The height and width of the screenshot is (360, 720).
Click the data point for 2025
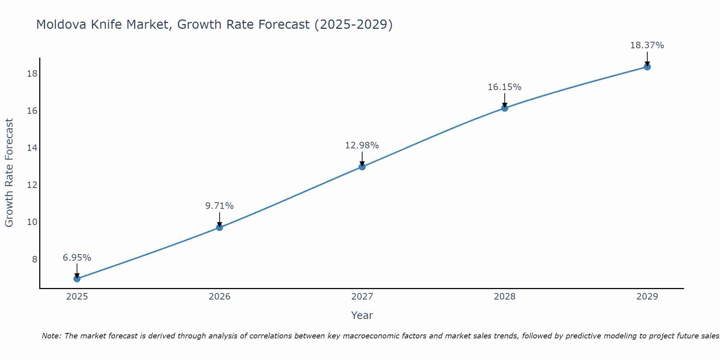coord(77,279)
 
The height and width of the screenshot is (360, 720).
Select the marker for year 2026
coord(220,227)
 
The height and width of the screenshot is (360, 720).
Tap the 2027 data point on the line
coord(362,167)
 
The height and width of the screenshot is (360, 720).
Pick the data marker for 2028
coord(505,108)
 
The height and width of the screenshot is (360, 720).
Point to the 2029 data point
coord(647,67)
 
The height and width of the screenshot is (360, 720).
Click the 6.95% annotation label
coord(77,258)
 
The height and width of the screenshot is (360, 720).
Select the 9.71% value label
coord(220,206)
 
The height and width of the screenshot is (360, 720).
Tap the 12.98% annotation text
coord(362,145)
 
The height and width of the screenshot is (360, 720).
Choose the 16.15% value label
coord(505,87)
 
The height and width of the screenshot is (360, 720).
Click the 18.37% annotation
coord(647,45)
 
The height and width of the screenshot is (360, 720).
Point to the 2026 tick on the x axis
coord(220,297)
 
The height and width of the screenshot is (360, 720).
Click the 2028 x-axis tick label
coord(505,297)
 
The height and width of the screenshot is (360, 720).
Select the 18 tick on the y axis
coord(32,74)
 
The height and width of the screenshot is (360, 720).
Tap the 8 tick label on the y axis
coord(35,259)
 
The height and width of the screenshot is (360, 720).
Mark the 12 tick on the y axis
coord(32,185)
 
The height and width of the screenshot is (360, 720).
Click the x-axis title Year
coord(362,315)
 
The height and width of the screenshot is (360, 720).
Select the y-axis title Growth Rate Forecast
coord(9,173)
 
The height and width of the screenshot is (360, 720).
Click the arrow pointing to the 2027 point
coord(362,158)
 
